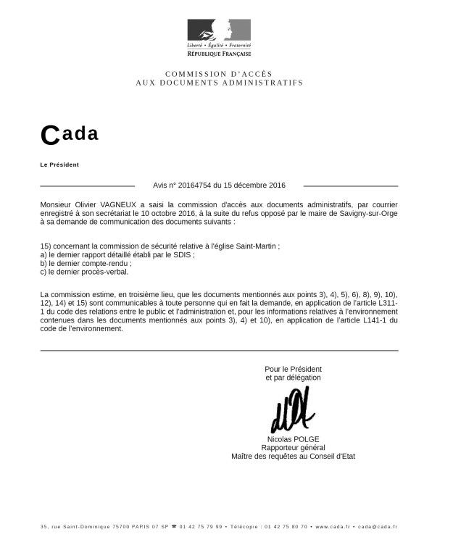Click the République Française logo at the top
219,38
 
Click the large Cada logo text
70,134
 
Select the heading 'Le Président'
59,165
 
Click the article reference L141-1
362,320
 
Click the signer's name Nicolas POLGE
293,439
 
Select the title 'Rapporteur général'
293,448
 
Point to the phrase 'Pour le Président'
293,369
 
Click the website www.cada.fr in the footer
333,527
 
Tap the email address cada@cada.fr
378,527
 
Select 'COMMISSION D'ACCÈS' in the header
219,75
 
